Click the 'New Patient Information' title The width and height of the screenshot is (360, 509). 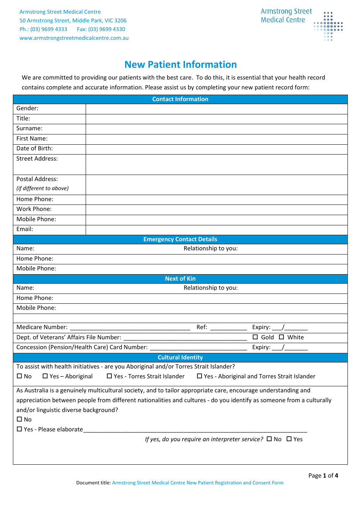[x=180, y=65]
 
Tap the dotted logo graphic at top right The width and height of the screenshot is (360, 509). [x=328, y=26]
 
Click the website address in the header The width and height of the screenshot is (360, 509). [x=74, y=38]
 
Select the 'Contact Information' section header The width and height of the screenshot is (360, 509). [x=180, y=99]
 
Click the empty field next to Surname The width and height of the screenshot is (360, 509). [x=216, y=129]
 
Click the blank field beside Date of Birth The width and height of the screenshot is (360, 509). [x=216, y=149]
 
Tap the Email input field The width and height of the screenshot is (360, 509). [x=216, y=230]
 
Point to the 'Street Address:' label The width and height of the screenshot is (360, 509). [x=37, y=159]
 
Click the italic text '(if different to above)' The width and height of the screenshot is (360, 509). [x=42, y=188]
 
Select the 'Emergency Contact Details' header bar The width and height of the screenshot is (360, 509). [x=180, y=239]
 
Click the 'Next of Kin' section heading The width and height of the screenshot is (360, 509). [x=180, y=279]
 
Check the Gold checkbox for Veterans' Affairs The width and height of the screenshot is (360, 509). [x=255, y=337]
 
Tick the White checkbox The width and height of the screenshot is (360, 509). [x=281, y=337]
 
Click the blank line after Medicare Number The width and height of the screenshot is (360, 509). [x=130, y=328]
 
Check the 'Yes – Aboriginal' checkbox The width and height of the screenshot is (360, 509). [x=45, y=376]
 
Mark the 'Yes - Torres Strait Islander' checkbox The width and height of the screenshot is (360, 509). [x=109, y=376]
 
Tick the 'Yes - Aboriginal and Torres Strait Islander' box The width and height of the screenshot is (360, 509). [x=199, y=376]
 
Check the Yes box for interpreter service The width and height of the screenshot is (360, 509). [x=289, y=439]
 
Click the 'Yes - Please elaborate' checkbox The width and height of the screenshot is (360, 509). [x=19, y=429]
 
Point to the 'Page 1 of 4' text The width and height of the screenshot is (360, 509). [x=323, y=476]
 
